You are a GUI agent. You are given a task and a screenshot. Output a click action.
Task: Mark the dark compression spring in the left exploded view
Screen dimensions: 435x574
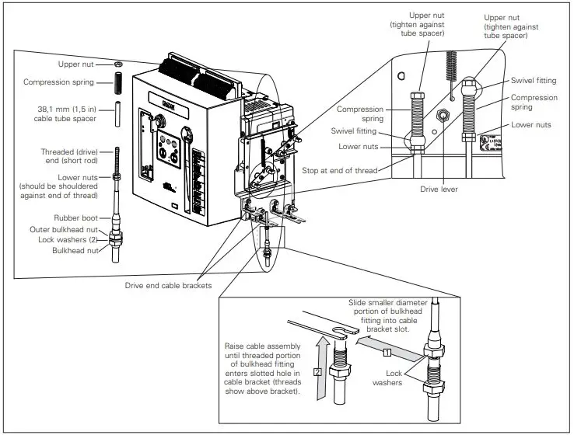(x=118, y=82)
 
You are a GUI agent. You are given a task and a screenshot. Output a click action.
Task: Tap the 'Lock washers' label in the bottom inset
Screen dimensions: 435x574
(x=387, y=378)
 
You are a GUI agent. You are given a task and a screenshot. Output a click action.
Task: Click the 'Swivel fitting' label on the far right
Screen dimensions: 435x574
(x=533, y=80)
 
